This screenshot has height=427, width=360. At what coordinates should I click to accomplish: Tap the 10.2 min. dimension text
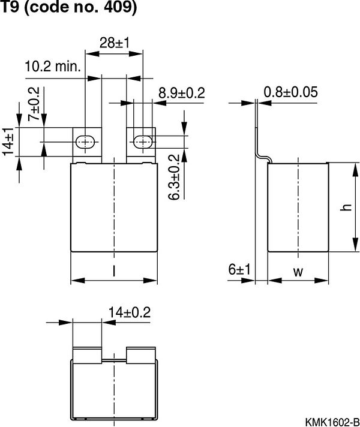(53, 66)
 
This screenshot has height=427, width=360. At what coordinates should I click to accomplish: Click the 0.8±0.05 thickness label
(290, 92)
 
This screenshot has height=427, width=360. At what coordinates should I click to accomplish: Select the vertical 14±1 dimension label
(8, 142)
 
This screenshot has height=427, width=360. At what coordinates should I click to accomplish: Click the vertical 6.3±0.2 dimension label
(174, 178)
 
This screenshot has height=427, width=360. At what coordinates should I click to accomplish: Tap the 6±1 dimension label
(238, 270)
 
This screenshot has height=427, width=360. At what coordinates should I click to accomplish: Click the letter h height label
(344, 208)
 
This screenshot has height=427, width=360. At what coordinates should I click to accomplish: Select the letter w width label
(298, 272)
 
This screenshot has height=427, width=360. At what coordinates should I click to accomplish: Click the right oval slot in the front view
(142, 142)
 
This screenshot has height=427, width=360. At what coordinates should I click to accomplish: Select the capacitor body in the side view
(298, 207)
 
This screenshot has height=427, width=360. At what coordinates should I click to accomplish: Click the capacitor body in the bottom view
(114, 387)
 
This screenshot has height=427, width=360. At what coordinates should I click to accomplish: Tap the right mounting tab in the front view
(141, 144)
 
